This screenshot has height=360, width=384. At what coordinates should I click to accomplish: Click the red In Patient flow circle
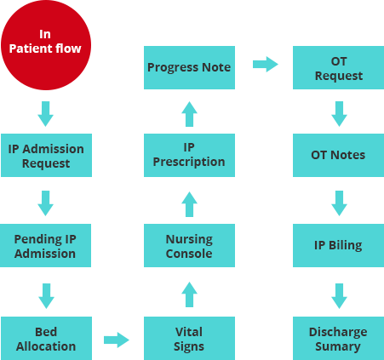(x=46, y=45)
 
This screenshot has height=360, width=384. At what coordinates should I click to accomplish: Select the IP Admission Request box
(x=46, y=155)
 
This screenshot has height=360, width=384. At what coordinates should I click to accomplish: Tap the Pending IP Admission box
(x=45, y=245)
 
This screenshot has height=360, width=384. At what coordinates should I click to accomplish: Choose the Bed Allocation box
(x=46, y=338)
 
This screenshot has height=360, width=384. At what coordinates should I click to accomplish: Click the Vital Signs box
(x=189, y=338)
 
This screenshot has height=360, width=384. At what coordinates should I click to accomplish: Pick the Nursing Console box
(x=189, y=245)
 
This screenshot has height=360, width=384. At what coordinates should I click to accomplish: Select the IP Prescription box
(x=189, y=155)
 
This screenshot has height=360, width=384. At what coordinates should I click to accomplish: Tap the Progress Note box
(x=189, y=67)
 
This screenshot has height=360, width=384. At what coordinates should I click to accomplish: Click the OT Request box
(x=338, y=67)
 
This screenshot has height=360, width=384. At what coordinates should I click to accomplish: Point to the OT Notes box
(x=338, y=155)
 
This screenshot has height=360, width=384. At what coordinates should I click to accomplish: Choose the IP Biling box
(x=338, y=245)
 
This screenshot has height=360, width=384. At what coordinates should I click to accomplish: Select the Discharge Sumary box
(x=338, y=338)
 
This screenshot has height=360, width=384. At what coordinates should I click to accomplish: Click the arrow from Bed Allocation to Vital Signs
(x=117, y=340)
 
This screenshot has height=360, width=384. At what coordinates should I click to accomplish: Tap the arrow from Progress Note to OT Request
(x=266, y=64)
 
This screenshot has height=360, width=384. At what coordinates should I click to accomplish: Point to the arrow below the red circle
(x=45, y=114)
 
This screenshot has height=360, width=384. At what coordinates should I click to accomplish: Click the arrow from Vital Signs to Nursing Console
(x=189, y=294)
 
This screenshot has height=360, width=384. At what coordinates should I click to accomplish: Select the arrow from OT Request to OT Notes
(x=339, y=114)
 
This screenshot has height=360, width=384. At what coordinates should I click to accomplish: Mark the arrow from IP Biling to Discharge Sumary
(x=339, y=296)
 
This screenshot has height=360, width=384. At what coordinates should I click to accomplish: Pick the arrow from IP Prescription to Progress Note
(x=189, y=114)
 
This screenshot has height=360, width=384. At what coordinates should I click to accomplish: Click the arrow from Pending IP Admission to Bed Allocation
(x=46, y=296)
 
